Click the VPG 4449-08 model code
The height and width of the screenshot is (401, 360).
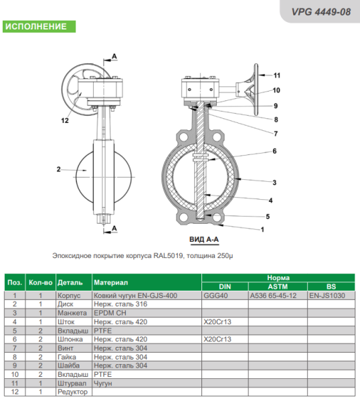click(x=321, y=12)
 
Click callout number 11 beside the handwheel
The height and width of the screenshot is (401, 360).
click(x=277, y=76)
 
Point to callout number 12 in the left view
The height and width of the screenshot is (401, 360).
click(x=65, y=120)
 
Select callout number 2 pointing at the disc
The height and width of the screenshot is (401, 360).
click(x=59, y=169)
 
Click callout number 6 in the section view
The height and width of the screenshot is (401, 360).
click(x=274, y=151)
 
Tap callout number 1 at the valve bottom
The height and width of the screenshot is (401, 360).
click(x=262, y=230)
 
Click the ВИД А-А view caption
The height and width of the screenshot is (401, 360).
click(x=204, y=239)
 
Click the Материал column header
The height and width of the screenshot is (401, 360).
click(x=110, y=282)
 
